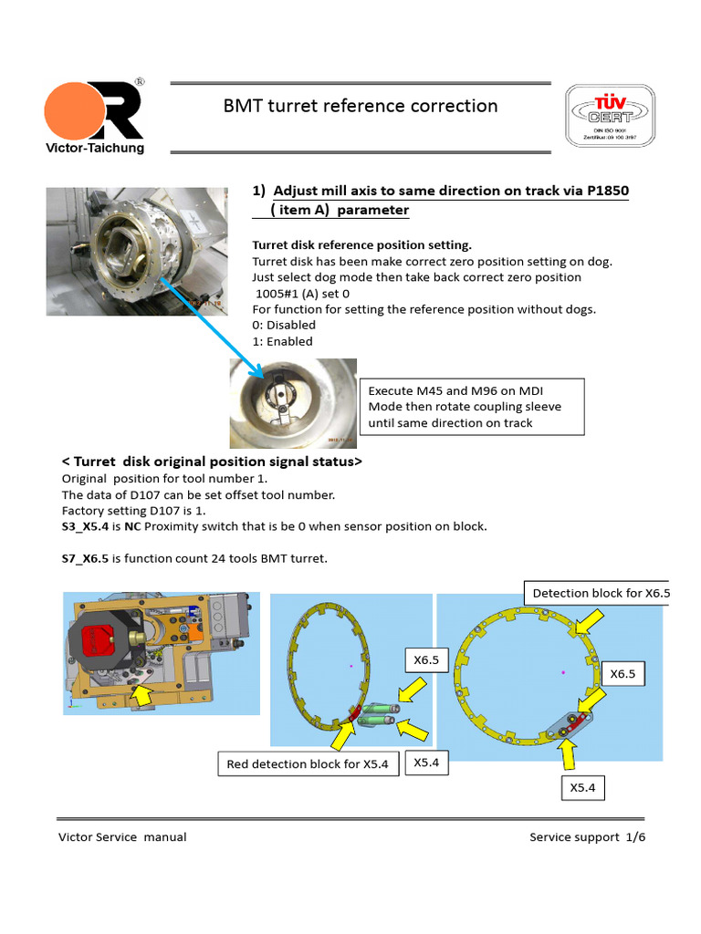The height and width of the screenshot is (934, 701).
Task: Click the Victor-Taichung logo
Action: (94, 114)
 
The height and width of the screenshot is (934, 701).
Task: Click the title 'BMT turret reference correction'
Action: (361, 106)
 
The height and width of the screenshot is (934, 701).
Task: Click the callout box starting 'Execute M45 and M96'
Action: (471, 406)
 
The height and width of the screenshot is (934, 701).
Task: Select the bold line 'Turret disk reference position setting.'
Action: (361, 245)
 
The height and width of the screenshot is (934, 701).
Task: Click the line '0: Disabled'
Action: (283, 325)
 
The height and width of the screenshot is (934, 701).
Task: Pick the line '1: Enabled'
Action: (282, 341)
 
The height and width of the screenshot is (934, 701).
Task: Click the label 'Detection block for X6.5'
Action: (600, 593)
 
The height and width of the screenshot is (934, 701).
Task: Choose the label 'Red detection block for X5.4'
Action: (309, 763)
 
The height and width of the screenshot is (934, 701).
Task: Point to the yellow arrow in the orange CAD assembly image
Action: (141, 696)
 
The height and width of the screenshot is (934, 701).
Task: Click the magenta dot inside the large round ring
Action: (563, 671)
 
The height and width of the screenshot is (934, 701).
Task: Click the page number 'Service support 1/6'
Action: (587, 836)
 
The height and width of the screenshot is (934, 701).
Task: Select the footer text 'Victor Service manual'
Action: (122, 836)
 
